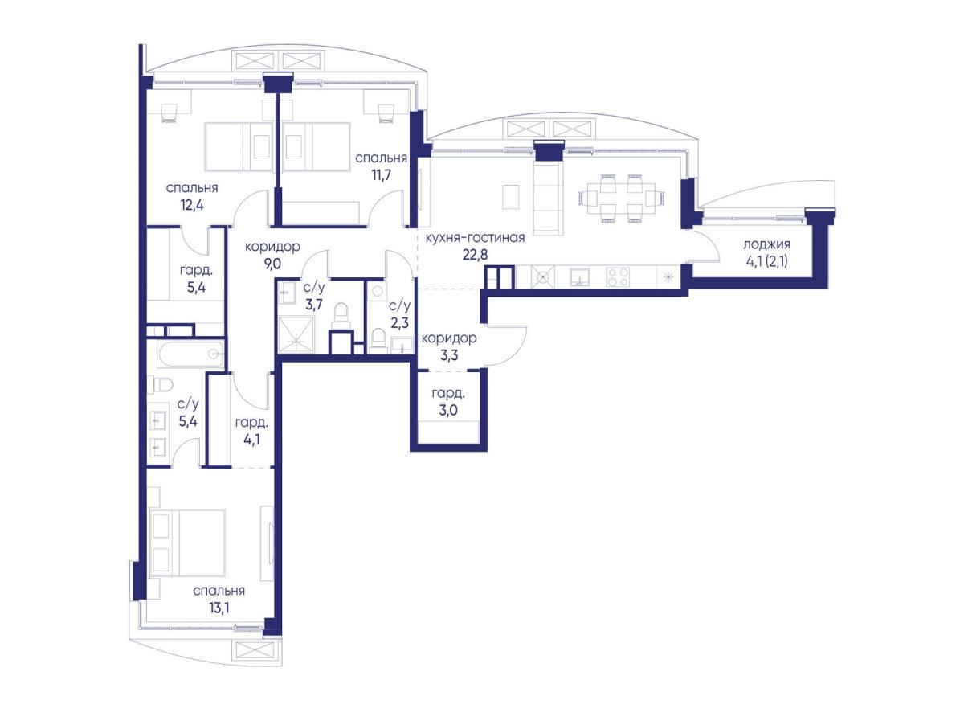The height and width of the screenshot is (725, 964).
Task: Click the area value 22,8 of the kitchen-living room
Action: pyautogui.click(x=476, y=255)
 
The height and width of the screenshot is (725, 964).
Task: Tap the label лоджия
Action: pyautogui.click(x=767, y=244)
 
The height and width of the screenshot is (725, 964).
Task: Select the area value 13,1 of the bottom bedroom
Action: pyautogui.click(x=219, y=608)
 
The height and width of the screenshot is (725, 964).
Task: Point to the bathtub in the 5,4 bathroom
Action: pyautogui.click(x=191, y=354)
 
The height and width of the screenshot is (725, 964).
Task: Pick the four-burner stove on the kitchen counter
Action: pyautogui.click(x=618, y=276)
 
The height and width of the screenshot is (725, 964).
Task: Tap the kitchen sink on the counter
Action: pyautogui.click(x=579, y=276)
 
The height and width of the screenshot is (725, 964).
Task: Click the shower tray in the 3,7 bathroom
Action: pyautogui.click(x=296, y=334)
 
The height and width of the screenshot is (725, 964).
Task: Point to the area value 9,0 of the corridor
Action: pyautogui.click(x=272, y=264)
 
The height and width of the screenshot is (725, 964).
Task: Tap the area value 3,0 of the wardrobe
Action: pyautogui.click(x=448, y=410)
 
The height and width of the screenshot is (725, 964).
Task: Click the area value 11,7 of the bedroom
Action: pyautogui.click(x=382, y=175)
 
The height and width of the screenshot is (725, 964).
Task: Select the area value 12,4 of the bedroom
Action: pyautogui.click(x=192, y=205)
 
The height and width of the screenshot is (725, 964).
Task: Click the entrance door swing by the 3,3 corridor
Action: pyautogui.click(x=506, y=346)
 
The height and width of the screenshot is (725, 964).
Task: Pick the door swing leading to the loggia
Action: pyautogui.click(x=705, y=247)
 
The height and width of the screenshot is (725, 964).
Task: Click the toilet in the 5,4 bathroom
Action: pyautogui.click(x=160, y=385)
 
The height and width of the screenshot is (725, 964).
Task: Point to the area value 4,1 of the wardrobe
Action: pyautogui.click(x=251, y=439)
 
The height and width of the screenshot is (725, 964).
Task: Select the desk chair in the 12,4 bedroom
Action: pyautogui.click(x=169, y=113)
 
